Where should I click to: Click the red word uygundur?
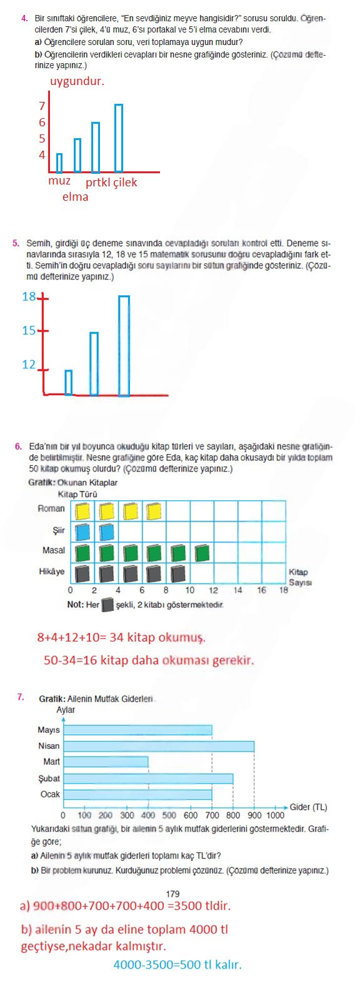[77, 81]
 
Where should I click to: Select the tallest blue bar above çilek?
[119, 138]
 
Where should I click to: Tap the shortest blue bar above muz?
[59, 163]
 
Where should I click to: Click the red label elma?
[75, 197]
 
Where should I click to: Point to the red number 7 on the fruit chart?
[42, 106]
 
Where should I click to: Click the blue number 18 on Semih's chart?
[29, 297]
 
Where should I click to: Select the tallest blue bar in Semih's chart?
[124, 345]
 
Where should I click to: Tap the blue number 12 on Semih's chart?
[29, 365]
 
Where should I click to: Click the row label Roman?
[51, 508]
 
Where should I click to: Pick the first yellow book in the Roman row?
[82, 512]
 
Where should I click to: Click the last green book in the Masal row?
[202, 553]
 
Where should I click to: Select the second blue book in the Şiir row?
[107, 532]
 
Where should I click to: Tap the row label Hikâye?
[51, 572]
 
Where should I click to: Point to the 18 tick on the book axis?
[284, 590]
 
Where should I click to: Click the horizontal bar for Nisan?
[159, 746]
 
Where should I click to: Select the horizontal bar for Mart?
[106, 762]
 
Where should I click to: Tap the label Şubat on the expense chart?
[49, 779]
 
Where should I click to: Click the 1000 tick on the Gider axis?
[275, 815]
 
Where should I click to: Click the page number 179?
[173, 894]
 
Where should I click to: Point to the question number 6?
[18, 446]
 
